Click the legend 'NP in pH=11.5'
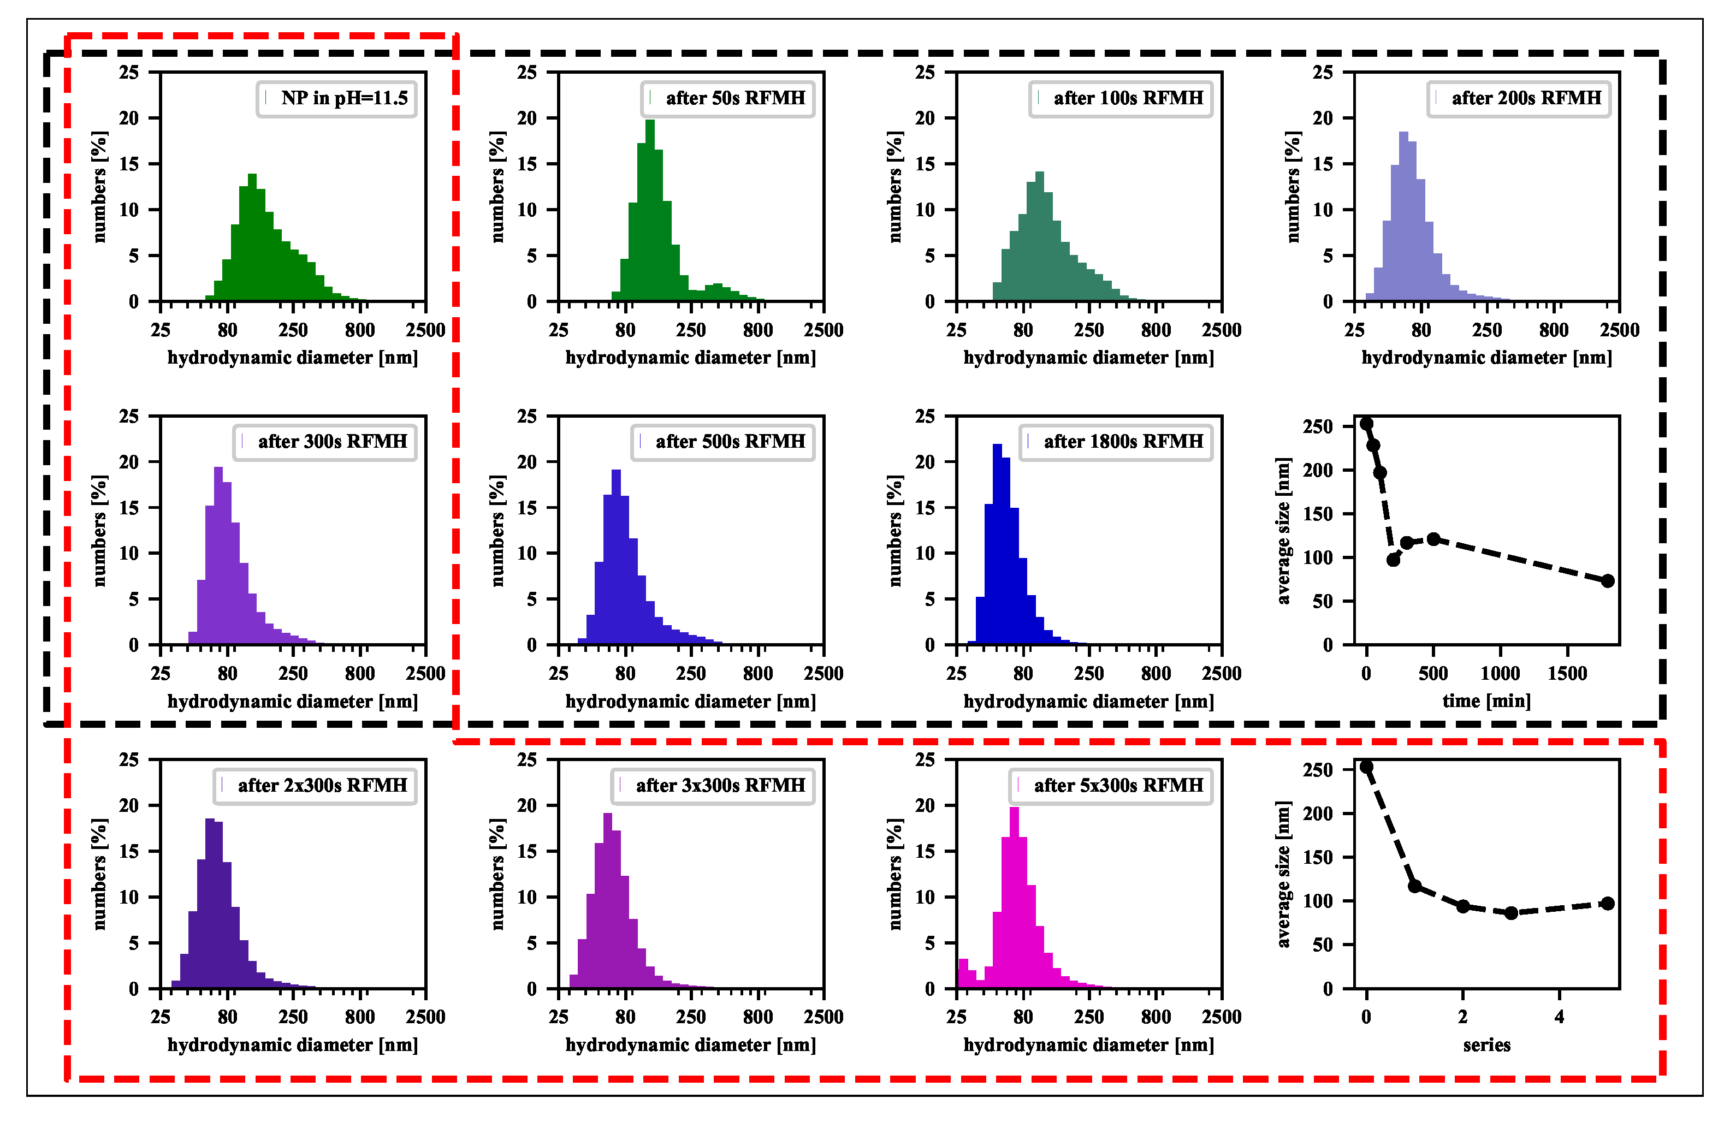coord(337,98)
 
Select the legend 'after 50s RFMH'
coord(728,98)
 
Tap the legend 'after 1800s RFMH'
coord(1116,442)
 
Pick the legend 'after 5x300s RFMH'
coord(1111,786)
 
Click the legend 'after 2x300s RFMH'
coord(315,786)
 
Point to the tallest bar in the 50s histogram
coord(650,210)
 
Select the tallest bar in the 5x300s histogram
coord(1014,898)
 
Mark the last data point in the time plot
coord(1607,581)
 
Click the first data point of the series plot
coord(1366,767)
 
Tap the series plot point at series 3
coord(1511,913)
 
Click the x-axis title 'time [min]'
coord(1486,701)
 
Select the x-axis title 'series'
coord(1486,1045)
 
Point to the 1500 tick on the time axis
coord(1567,674)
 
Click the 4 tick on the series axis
coord(1560,1017)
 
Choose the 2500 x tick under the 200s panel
coord(1619,330)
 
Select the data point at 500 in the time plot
coord(1433,539)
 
